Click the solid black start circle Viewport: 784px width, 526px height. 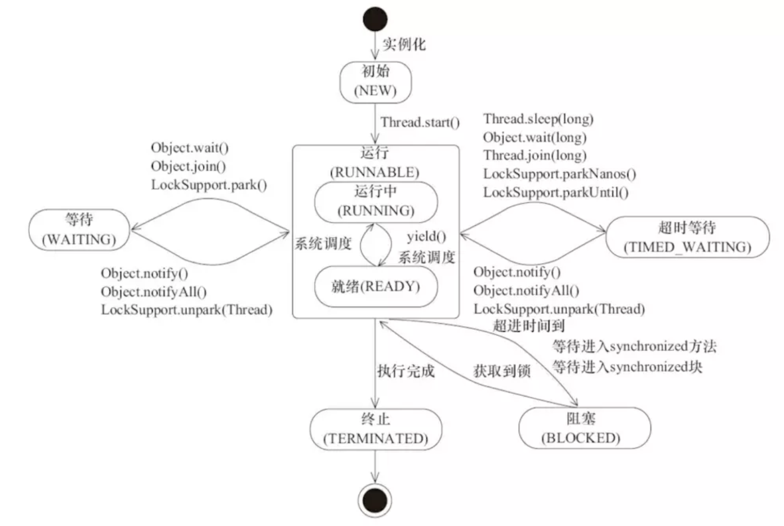[x=375, y=19]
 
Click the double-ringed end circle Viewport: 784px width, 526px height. [x=375, y=500]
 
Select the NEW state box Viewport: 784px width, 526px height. [x=375, y=82]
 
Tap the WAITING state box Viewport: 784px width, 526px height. [x=79, y=229]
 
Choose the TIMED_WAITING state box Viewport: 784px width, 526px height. [x=687, y=237]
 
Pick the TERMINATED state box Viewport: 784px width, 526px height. [x=376, y=429]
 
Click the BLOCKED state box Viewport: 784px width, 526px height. [x=584, y=428]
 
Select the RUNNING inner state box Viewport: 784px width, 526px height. [x=376, y=201]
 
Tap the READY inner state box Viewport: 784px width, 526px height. [x=376, y=287]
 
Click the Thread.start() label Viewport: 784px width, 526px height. [x=420, y=122]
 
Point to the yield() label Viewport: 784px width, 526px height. [x=426, y=237]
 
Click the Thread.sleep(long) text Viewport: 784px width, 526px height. [x=538, y=119]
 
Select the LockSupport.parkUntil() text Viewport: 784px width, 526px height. [x=555, y=192]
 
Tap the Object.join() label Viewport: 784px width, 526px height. [x=188, y=166]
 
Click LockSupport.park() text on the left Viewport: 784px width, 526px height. [x=208, y=185]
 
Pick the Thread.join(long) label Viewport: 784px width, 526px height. [x=534, y=155]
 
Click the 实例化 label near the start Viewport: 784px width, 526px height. [x=404, y=44]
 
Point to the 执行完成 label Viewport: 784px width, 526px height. [x=406, y=371]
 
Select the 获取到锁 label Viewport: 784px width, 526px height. [x=501, y=371]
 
